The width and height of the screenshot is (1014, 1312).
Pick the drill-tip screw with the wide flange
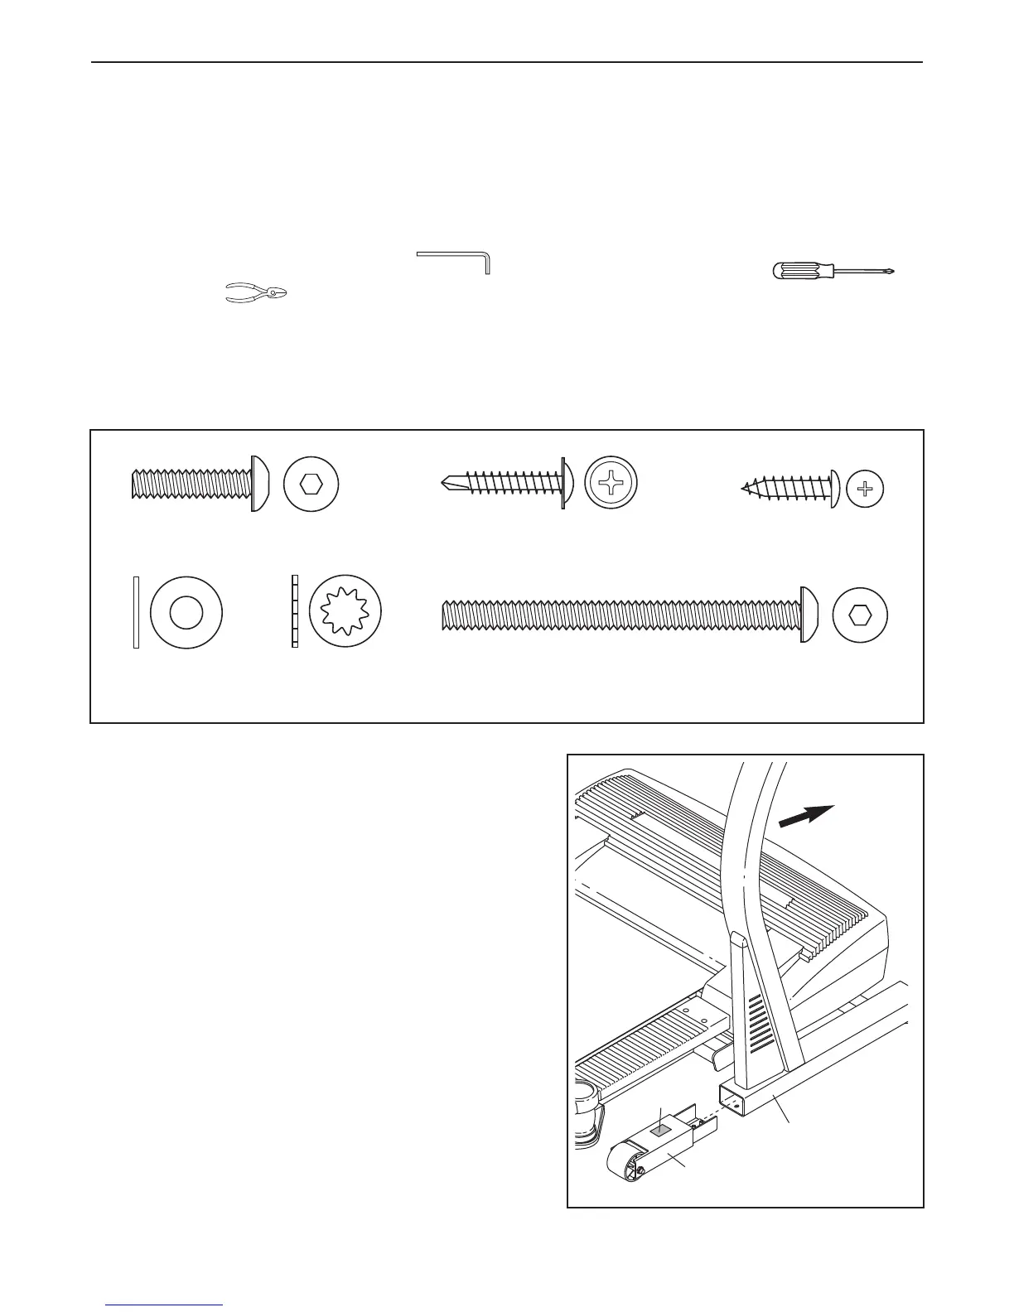pos(505,483)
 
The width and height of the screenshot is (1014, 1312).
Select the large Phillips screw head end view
pos(614,484)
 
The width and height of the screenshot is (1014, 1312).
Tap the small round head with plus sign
pos(866,489)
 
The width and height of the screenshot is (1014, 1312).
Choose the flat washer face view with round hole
pos(186,613)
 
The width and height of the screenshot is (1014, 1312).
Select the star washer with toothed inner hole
pos(346,614)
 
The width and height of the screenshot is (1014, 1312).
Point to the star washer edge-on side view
pos(294,613)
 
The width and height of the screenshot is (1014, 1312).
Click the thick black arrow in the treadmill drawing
pos(808,816)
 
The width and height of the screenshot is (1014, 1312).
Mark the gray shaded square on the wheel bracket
pos(661,1127)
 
